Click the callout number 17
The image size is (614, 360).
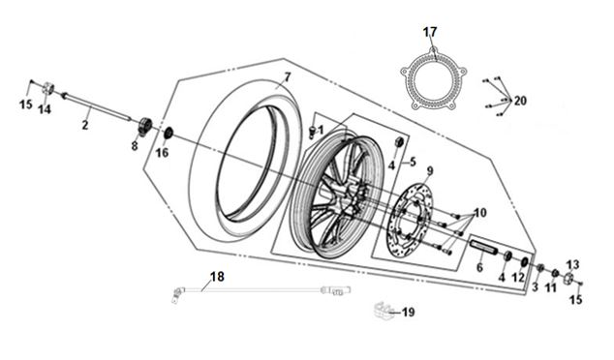430,32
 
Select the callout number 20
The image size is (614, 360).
520,101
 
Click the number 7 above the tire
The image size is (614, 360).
288,77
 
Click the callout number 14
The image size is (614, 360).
45,109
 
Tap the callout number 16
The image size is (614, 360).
162,153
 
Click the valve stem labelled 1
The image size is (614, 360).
313,132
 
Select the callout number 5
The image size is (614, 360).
413,162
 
